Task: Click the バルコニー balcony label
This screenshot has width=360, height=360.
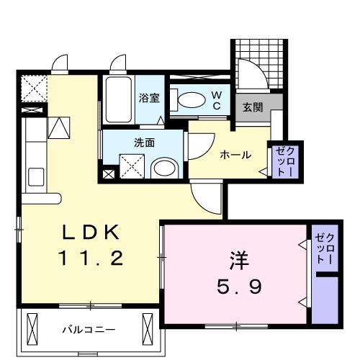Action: tap(88, 330)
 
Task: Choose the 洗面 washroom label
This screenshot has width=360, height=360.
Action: tap(144, 142)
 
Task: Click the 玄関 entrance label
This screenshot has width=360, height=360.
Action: tap(252, 107)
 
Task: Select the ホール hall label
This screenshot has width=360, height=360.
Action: tap(235, 154)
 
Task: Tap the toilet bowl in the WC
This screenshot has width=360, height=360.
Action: tap(189, 100)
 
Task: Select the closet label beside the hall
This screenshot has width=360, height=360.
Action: tap(281, 162)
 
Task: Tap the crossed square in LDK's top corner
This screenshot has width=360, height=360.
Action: tap(33, 89)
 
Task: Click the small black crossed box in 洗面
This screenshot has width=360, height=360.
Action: tap(108, 174)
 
